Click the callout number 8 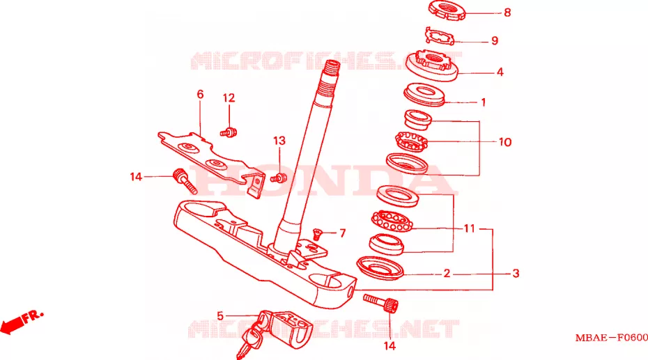click(507, 13)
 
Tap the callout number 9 click(495, 41)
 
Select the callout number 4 click(500, 72)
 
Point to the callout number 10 click(505, 142)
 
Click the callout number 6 click(200, 95)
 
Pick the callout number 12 click(229, 98)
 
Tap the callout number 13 click(279, 141)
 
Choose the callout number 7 click(342, 233)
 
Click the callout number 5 click(220, 316)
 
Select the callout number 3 click(516, 273)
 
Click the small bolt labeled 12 click(228, 133)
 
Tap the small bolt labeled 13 click(279, 178)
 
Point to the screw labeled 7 click(318, 234)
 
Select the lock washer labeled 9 click(440, 36)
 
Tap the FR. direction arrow click(21, 321)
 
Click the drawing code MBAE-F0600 click(612, 338)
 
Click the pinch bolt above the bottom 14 click(380, 304)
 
